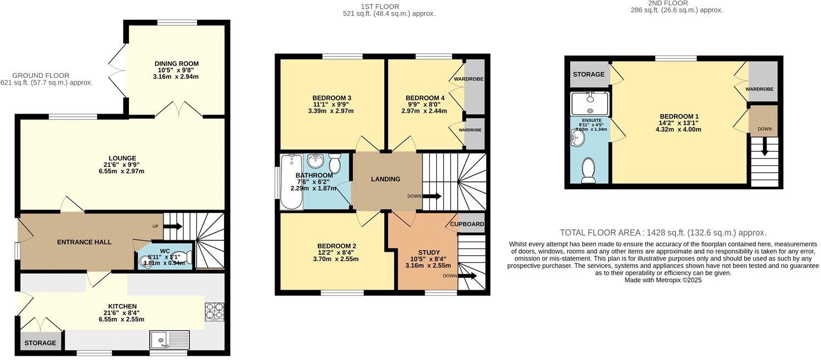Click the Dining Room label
(x=176, y=64)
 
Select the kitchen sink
(x=168, y=340)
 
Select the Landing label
(x=385, y=179)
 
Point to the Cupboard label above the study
(x=467, y=224)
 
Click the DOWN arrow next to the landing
(x=432, y=196)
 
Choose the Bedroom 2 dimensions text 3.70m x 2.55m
(x=335, y=259)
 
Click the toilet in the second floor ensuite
(x=588, y=171)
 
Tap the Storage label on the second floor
(x=588, y=75)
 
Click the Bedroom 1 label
(x=679, y=116)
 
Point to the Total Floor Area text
(x=662, y=233)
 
